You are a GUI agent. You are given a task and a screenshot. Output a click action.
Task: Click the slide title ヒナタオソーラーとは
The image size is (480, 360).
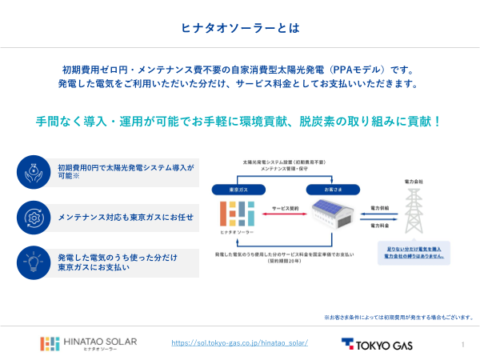point(240,28)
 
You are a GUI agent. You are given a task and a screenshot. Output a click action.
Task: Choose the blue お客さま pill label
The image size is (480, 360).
point(330,190)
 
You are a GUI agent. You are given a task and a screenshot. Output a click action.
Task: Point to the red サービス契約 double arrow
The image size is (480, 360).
point(285,212)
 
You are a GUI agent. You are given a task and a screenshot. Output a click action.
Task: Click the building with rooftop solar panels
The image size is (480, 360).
point(330,218)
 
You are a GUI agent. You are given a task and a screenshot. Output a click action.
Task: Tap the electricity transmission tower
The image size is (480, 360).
point(414,211)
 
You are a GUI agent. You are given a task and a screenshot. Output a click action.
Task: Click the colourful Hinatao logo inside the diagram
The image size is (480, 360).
point(236,214)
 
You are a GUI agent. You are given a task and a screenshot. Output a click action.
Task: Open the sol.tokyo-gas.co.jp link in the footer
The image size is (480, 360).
point(240,342)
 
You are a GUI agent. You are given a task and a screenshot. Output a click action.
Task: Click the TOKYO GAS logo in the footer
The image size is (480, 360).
point(377,344)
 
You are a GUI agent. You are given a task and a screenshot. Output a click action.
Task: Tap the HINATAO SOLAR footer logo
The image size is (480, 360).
point(89,343)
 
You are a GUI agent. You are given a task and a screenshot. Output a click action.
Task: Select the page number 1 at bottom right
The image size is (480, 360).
point(463,344)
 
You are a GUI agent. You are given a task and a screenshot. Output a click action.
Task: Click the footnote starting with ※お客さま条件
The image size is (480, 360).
point(398,317)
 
